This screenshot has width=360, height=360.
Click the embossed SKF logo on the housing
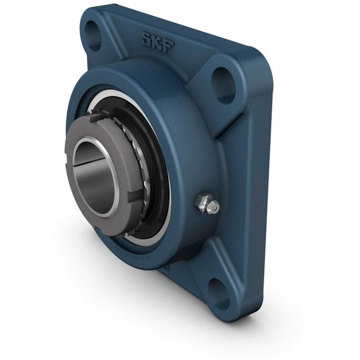pos(158,42)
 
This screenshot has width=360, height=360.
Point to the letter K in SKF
pos(157,42)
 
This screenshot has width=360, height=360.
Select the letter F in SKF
pos(168,45)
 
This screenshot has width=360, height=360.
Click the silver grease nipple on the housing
pos(207,204)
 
